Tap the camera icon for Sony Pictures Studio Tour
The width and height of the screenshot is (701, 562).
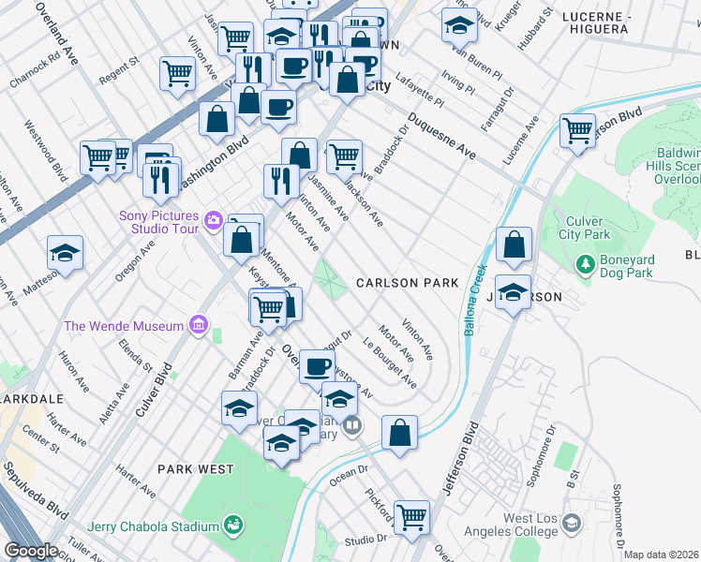(x=214, y=221)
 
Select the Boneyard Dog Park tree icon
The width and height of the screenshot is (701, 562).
(x=586, y=265)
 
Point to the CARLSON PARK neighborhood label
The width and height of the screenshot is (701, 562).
(x=407, y=283)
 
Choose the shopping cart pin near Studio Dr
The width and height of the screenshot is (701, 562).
(x=411, y=517)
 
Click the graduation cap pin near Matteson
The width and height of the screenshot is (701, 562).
(x=65, y=253)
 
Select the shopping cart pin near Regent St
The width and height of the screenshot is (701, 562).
(x=177, y=73)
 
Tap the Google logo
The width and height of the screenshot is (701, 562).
(x=31, y=551)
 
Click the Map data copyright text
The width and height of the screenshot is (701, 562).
(x=662, y=555)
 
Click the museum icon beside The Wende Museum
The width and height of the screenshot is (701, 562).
(x=198, y=326)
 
